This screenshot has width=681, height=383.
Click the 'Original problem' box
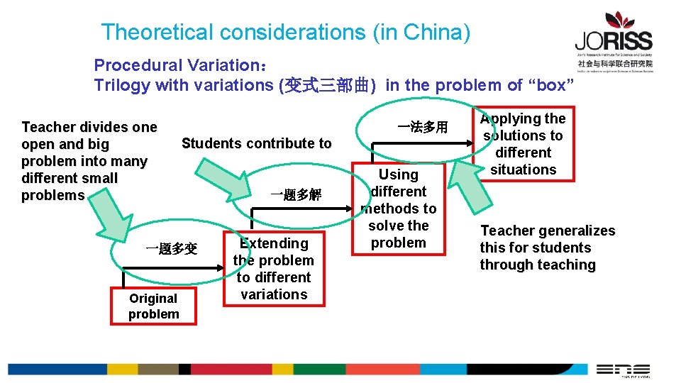pyautogui.click(x=153, y=306)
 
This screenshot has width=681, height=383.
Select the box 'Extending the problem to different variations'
pyautogui.click(x=274, y=269)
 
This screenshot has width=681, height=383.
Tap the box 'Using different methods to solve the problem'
pyautogui.click(x=399, y=209)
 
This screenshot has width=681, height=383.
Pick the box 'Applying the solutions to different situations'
pyautogui.click(x=524, y=144)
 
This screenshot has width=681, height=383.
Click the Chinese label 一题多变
pyautogui.click(x=171, y=249)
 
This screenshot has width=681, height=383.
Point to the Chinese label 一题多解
pyautogui.click(x=296, y=195)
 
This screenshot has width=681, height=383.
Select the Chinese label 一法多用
pyautogui.click(x=423, y=128)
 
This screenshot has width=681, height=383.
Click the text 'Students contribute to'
pyautogui.click(x=256, y=143)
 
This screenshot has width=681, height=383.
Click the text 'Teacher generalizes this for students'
pyautogui.click(x=547, y=239)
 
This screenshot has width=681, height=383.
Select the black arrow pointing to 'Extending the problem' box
pyautogui.click(x=206, y=268)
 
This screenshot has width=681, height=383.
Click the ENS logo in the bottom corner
pyautogui.click(x=622, y=370)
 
